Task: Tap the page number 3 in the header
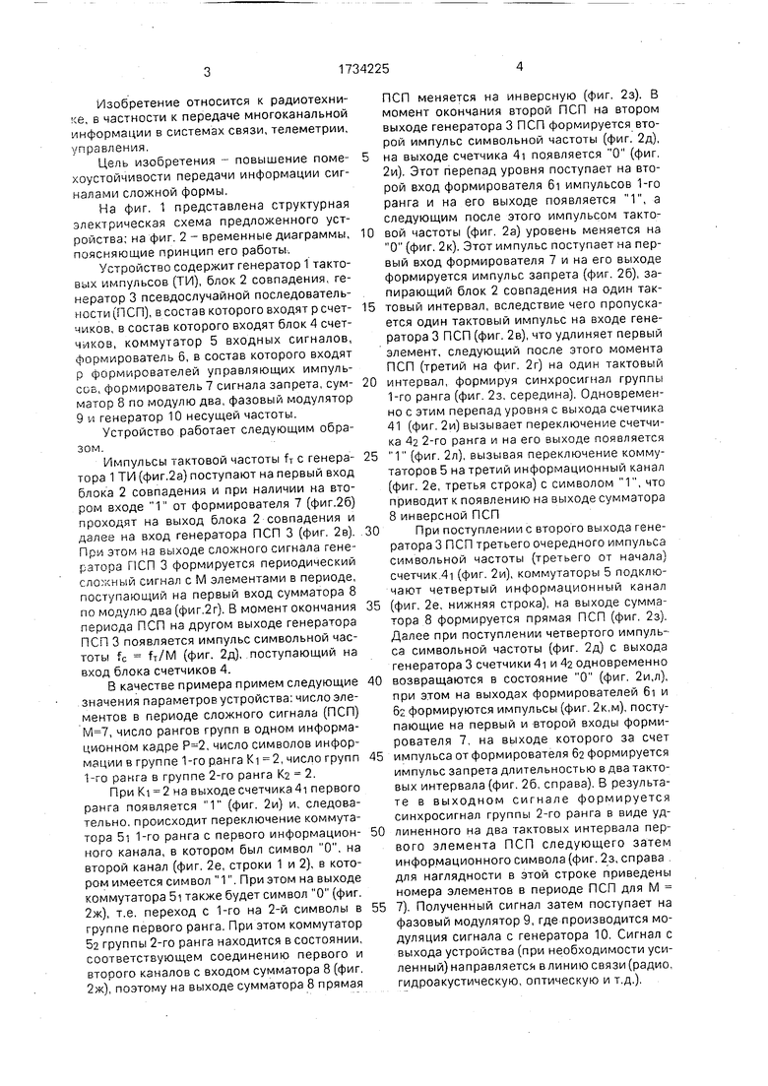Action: (x=208, y=71)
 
